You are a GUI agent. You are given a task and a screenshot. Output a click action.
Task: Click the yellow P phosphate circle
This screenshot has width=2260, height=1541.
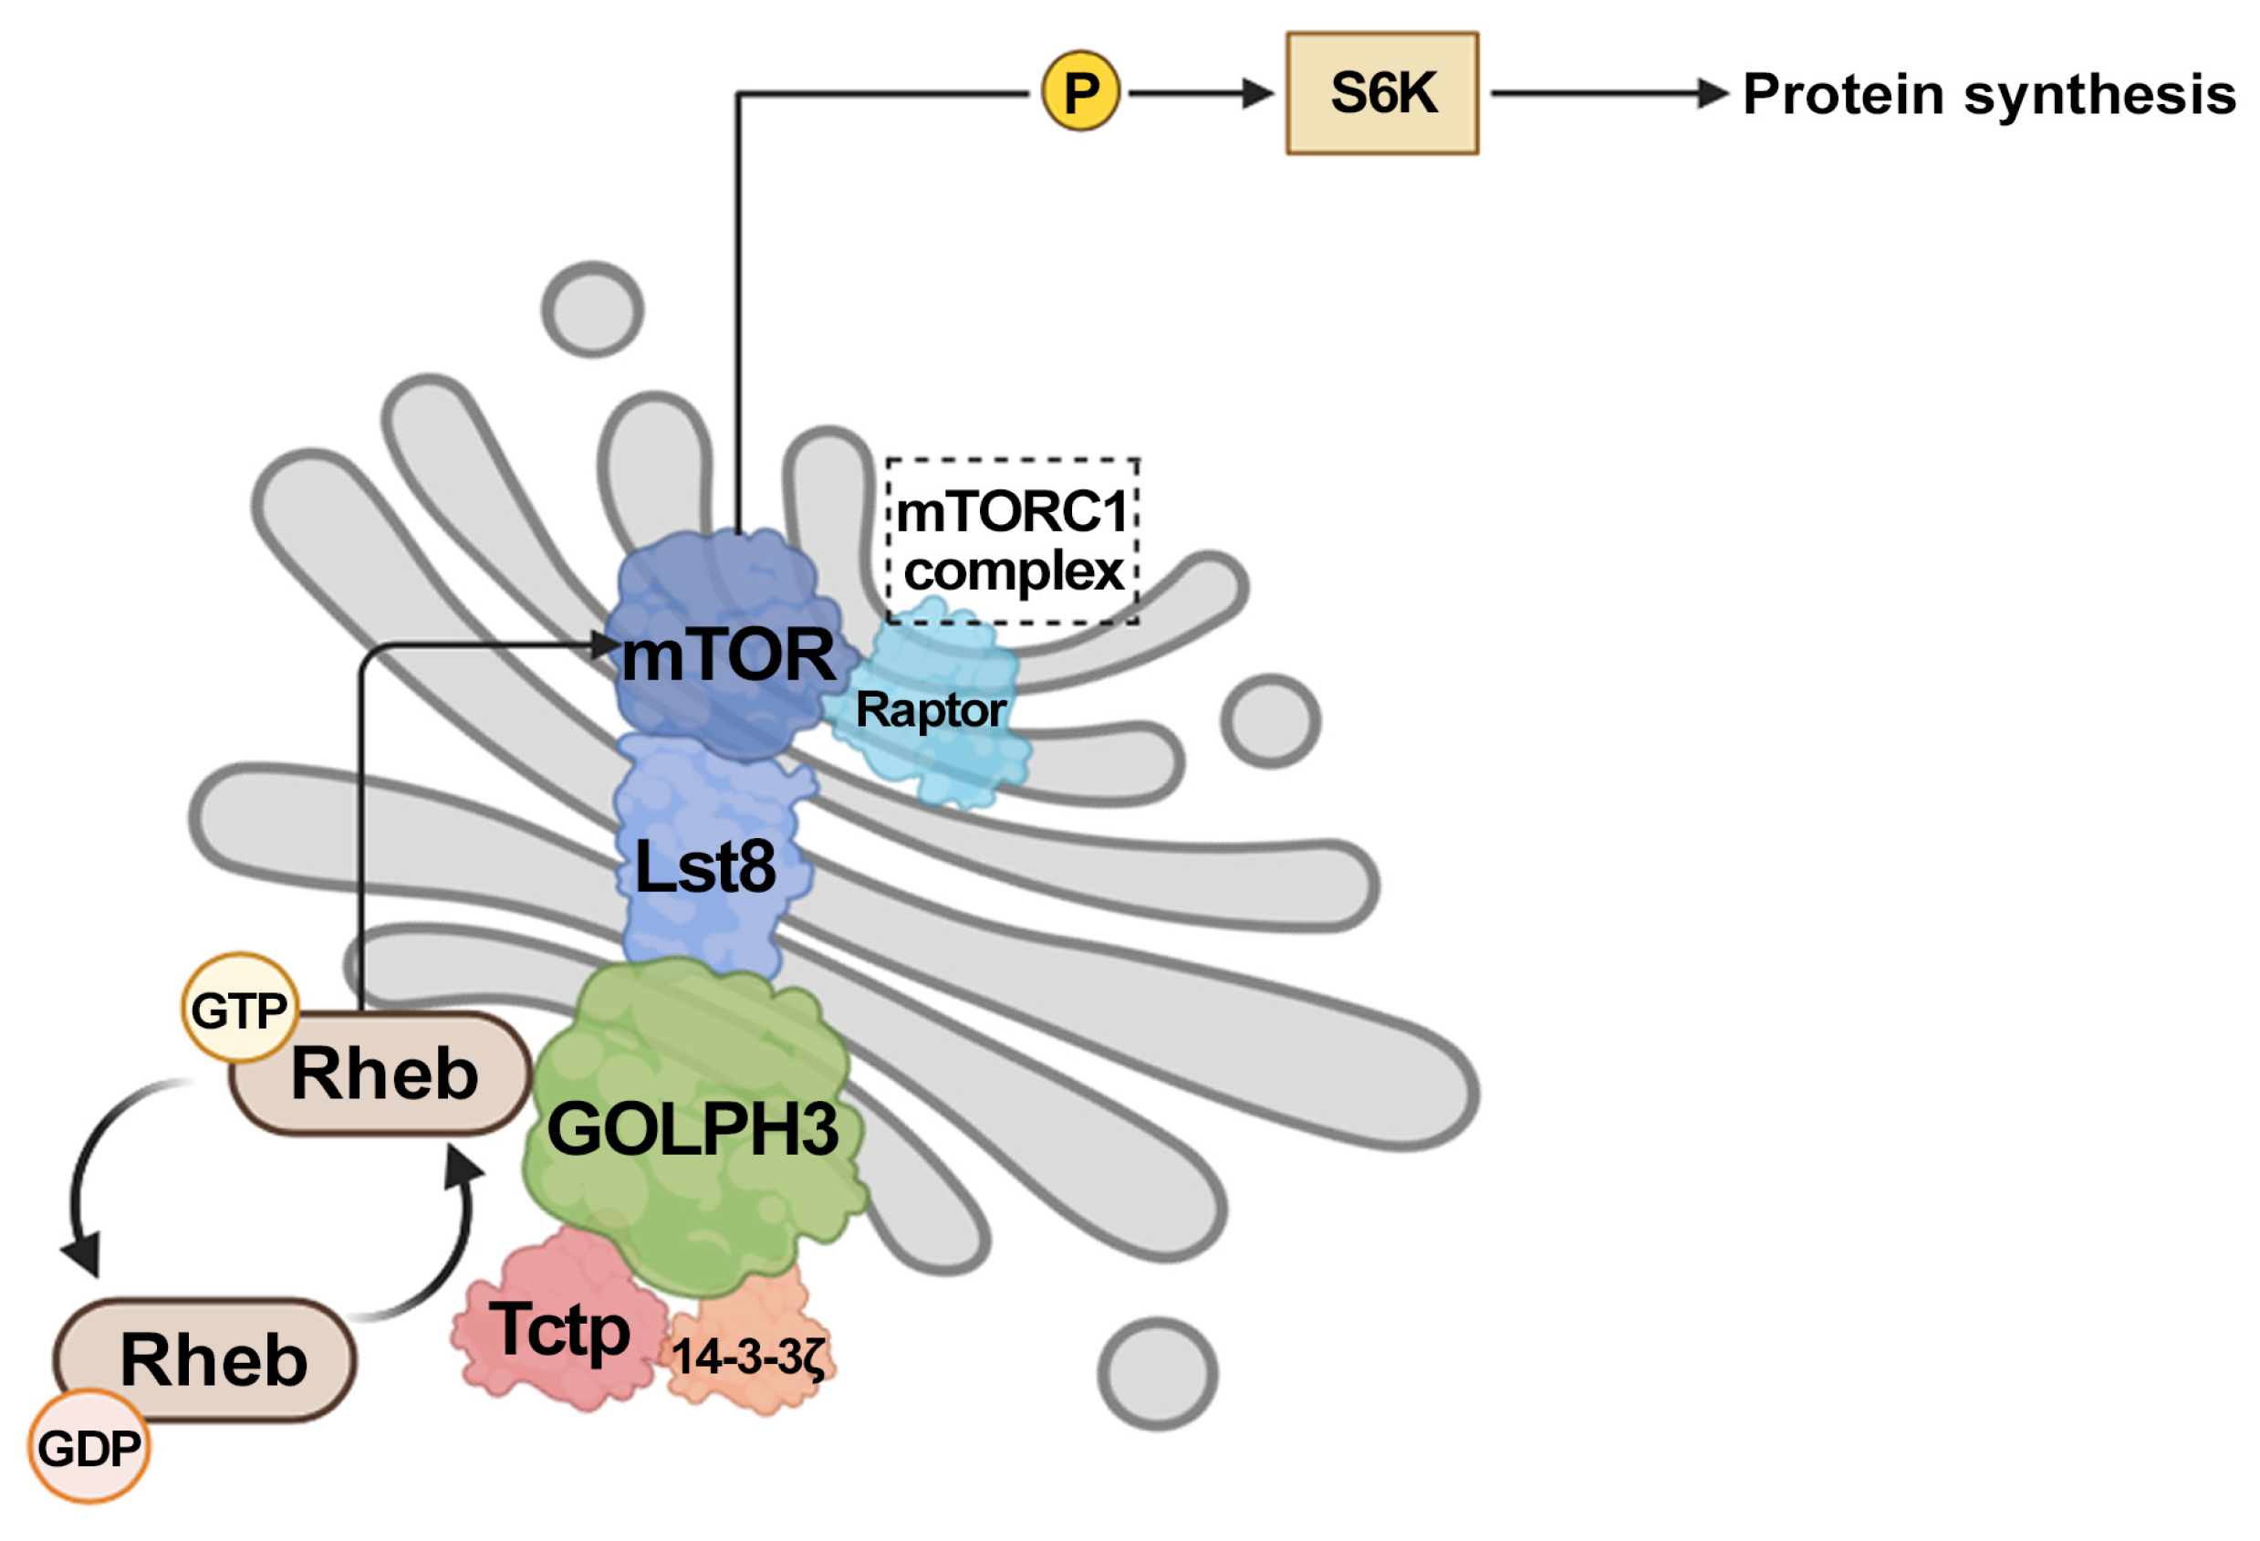tap(1080, 91)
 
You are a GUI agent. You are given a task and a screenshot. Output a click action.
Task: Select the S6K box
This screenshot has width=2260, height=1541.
tap(1382, 93)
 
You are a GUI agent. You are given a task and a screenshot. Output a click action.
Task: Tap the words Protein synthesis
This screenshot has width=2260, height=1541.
tap(1988, 94)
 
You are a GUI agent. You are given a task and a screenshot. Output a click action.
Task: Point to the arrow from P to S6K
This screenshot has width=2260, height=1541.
tap(1201, 93)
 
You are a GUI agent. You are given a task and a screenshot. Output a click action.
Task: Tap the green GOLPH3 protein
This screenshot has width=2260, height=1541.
tap(693, 1128)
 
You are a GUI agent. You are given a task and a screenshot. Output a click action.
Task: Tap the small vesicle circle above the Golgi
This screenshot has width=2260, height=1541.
tap(592, 309)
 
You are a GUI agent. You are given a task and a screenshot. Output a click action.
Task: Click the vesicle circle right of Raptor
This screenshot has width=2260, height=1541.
tap(1270, 721)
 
